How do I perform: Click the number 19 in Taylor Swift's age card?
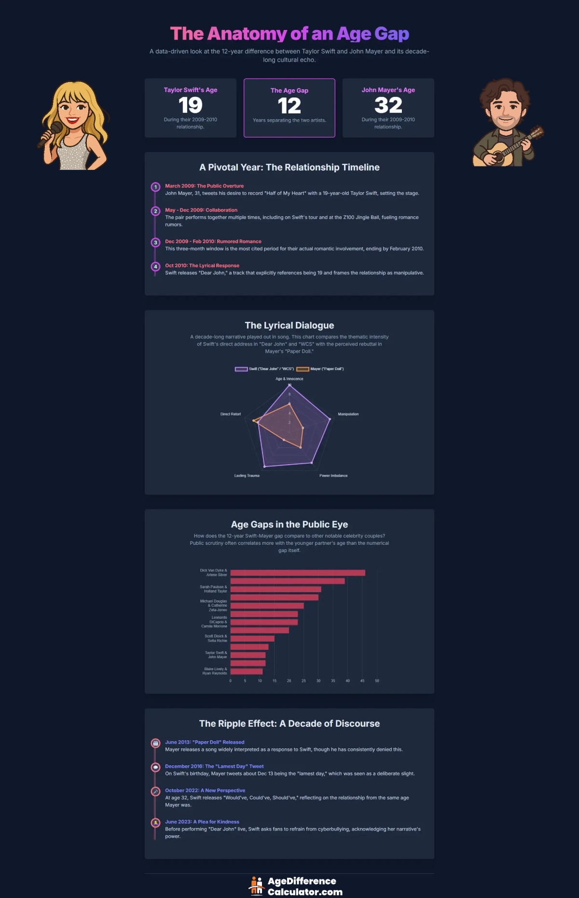[x=190, y=105]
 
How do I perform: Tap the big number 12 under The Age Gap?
[x=289, y=106]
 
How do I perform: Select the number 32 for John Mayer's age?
[x=388, y=105]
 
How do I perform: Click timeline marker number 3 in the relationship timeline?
[x=155, y=242]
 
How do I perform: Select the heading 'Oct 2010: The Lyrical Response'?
[x=202, y=265]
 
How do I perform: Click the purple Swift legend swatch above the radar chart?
[x=241, y=369]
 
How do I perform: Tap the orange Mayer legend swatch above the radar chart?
[x=303, y=369]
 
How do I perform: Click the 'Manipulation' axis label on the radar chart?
[x=348, y=414]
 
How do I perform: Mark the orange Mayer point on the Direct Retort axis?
[x=254, y=421]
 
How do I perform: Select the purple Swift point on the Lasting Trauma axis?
[x=264, y=467]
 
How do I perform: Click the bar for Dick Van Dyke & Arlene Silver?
[x=297, y=573]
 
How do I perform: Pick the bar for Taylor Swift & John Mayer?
[x=248, y=655]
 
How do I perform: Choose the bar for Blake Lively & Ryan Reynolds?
[x=246, y=671]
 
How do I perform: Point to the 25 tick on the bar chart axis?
[x=303, y=681]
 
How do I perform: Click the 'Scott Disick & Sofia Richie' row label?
[x=216, y=638]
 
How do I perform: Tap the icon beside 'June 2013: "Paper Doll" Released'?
[x=155, y=743]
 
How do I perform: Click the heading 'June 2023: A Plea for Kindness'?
[x=202, y=822]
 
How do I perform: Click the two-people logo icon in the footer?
[x=256, y=886]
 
